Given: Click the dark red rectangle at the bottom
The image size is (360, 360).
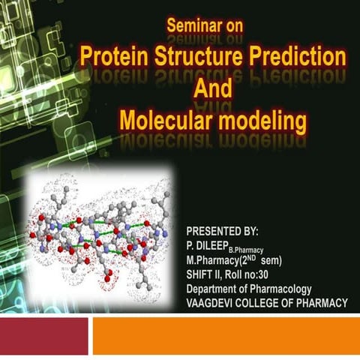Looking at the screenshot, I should coord(43,334).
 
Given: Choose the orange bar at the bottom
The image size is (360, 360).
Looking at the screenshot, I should coord(225,334).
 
